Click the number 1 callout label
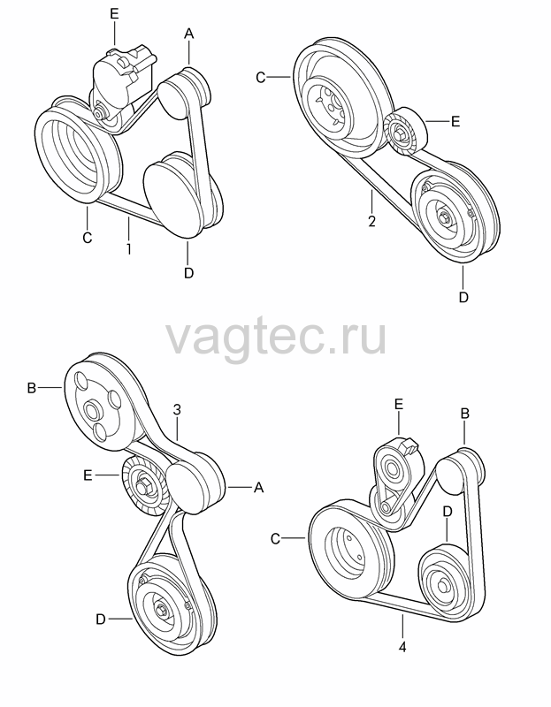[x=129, y=249]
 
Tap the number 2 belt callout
[x=371, y=222]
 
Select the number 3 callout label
[x=177, y=409]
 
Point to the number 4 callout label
[x=402, y=648]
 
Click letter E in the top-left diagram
[x=114, y=14]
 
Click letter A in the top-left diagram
[x=188, y=34]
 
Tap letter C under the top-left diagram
[x=87, y=237]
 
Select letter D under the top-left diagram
[x=188, y=273]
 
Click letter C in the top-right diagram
[x=261, y=78]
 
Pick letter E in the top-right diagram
[x=455, y=121]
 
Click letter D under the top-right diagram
[x=463, y=297]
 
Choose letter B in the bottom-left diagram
[x=32, y=388]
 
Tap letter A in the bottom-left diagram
[x=258, y=488]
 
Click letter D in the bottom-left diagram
[x=101, y=620]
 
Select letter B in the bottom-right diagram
[x=464, y=414]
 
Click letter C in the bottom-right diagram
[x=276, y=539]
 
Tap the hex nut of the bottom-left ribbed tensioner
[x=144, y=488]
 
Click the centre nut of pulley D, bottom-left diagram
[x=160, y=611]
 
